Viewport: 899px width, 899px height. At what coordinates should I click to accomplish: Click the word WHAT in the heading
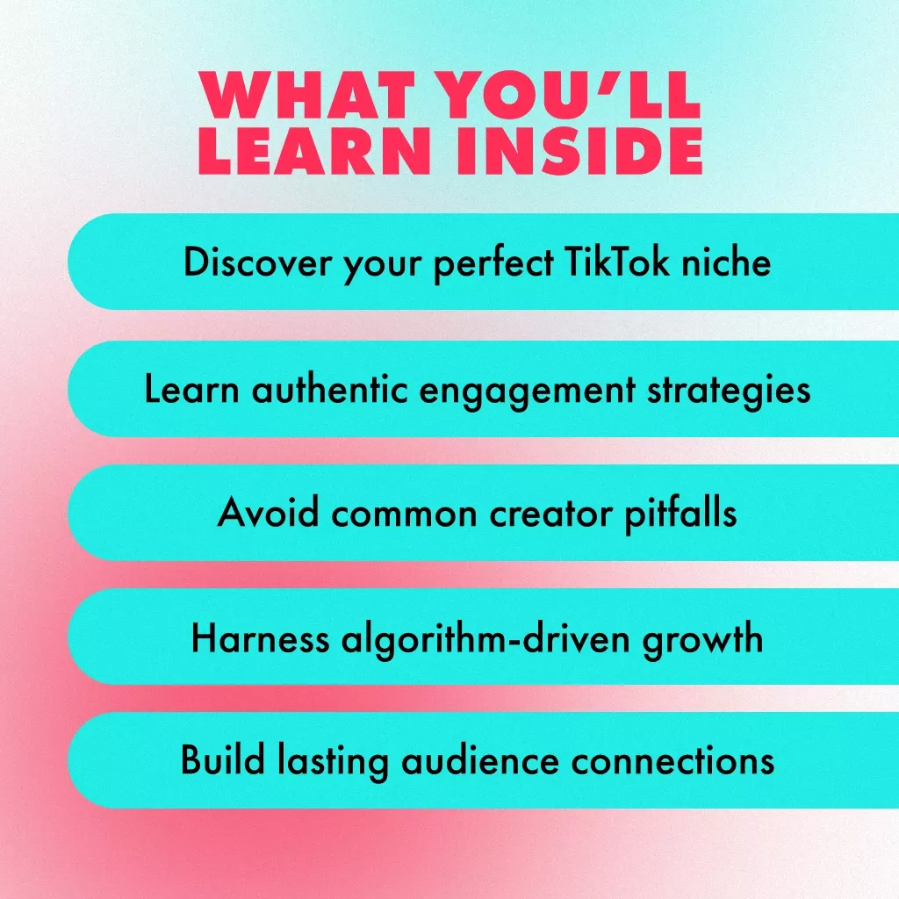tap(306, 95)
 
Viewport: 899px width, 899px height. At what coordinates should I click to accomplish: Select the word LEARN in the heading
tap(315, 150)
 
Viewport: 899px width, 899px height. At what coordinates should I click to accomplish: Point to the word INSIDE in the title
tap(579, 150)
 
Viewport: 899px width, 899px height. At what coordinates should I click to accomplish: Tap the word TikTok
tap(616, 262)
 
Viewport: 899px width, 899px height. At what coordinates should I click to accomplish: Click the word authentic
tap(330, 389)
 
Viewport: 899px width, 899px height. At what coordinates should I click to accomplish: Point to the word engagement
tap(527, 391)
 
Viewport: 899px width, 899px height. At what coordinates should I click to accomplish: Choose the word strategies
tap(729, 391)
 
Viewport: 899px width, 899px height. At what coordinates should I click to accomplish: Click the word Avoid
tap(268, 512)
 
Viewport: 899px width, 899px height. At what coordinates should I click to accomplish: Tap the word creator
tap(550, 513)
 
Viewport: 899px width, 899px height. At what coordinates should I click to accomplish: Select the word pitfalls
tap(680, 514)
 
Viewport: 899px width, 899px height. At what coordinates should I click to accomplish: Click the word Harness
tap(260, 638)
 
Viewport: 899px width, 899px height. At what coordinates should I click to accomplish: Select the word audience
tap(480, 760)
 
